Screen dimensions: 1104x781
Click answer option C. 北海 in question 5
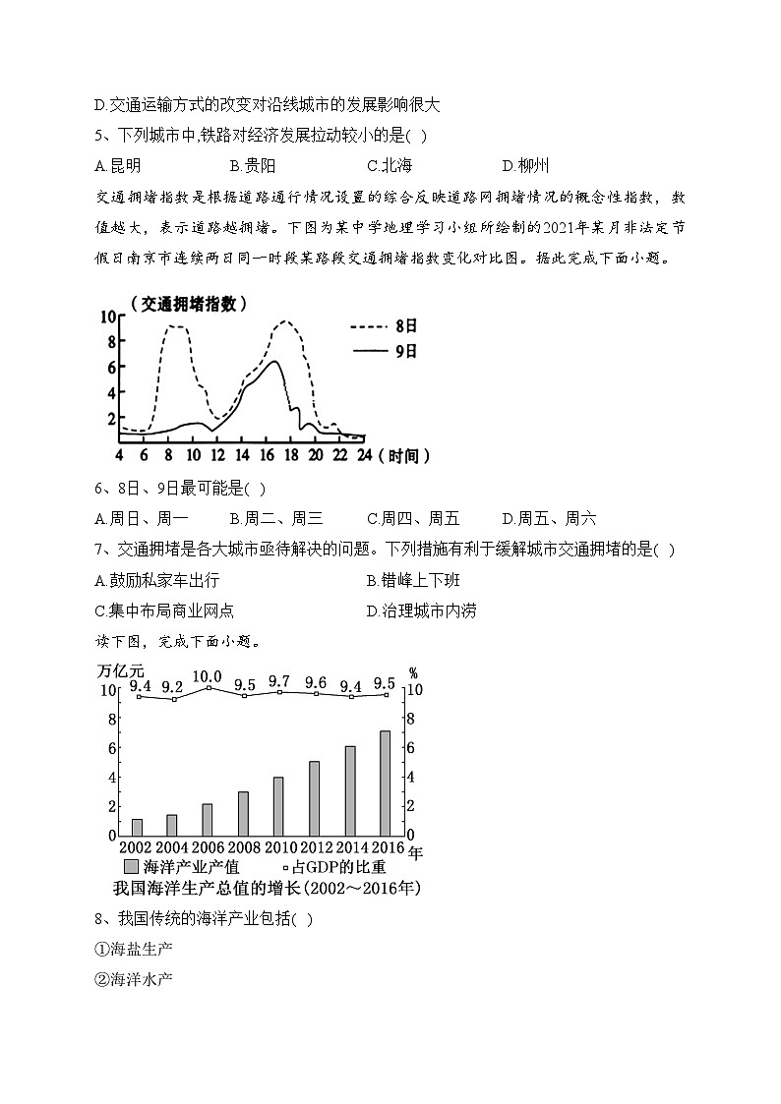coord(389,165)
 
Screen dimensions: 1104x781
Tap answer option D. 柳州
coord(525,165)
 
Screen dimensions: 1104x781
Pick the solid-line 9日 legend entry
coord(384,350)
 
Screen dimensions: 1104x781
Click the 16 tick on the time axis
coord(266,455)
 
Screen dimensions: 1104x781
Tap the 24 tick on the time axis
coord(364,455)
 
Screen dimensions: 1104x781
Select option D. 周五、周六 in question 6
coord(548,518)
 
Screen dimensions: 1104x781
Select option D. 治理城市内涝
coord(421,610)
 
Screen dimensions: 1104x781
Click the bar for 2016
coord(385,783)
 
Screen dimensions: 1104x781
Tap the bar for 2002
coord(137,826)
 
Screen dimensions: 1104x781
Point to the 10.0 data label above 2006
coord(207,676)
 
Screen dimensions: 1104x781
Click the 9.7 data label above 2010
coord(278,681)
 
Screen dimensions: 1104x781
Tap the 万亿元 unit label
coord(122,671)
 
